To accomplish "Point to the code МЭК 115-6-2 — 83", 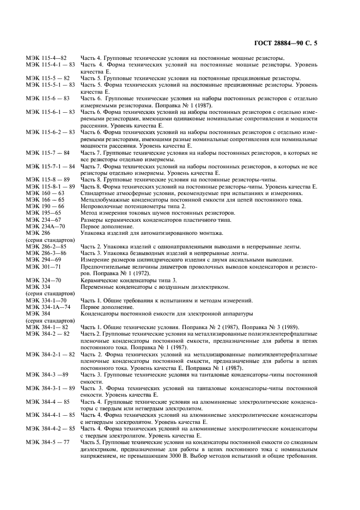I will (50, 132).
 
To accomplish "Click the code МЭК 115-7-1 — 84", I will (50, 165).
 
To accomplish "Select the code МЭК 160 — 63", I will (45, 193).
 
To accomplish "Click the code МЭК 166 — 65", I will (45, 200).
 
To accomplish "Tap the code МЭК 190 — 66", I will (45, 207).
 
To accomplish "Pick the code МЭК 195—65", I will (42, 213).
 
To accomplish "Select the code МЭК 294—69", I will (42, 260).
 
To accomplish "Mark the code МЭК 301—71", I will (42, 266).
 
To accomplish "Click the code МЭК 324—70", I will (42, 280).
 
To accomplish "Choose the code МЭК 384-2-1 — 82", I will (50, 354).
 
